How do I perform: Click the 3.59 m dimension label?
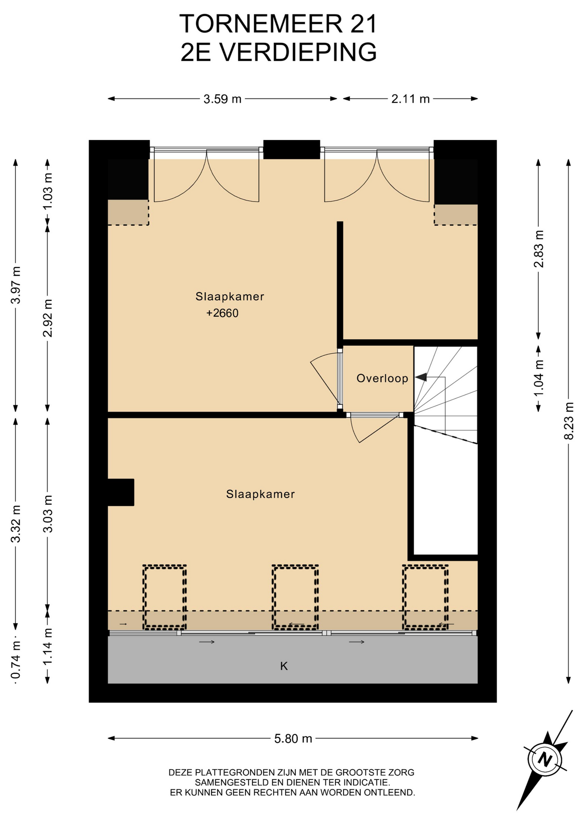point(222,99)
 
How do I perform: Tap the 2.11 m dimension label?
point(410,99)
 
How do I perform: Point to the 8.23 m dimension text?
point(569,421)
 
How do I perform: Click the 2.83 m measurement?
point(538,249)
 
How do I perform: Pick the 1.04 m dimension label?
point(538,378)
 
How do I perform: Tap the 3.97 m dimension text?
point(16,285)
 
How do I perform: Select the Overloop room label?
point(382,378)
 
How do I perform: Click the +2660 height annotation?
point(222,313)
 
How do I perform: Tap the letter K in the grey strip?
point(284,666)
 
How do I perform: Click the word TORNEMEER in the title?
point(261,24)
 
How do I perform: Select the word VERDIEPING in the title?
point(298,52)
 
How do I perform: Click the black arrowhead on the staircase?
point(421,377)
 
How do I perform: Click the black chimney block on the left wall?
point(121,492)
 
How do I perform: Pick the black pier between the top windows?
point(292,150)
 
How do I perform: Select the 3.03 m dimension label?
point(48,513)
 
